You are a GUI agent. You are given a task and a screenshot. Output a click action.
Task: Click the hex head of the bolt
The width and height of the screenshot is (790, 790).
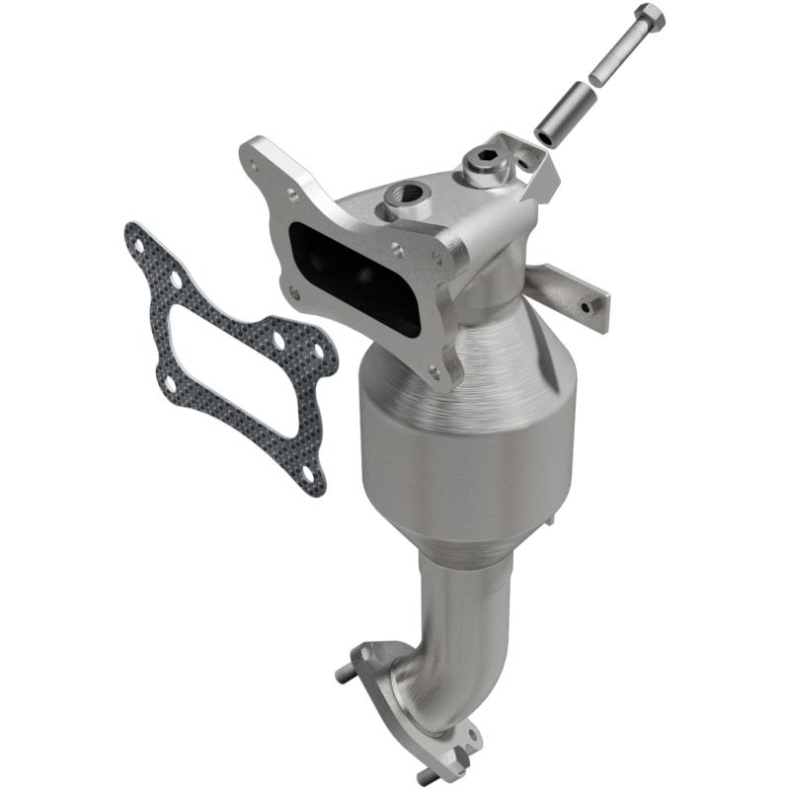[650, 18]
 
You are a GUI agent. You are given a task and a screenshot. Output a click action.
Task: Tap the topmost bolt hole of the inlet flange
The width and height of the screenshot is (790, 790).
[264, 157]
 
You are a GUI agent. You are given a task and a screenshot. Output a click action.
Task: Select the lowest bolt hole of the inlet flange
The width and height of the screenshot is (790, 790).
[434, 371]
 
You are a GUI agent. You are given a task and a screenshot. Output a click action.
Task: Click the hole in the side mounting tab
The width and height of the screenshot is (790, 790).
[584, 307]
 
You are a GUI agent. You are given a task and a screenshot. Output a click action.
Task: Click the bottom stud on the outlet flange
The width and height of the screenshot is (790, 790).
[427, 776]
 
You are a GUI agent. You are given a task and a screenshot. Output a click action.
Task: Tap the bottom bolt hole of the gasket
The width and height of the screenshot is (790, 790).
[308, 475]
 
